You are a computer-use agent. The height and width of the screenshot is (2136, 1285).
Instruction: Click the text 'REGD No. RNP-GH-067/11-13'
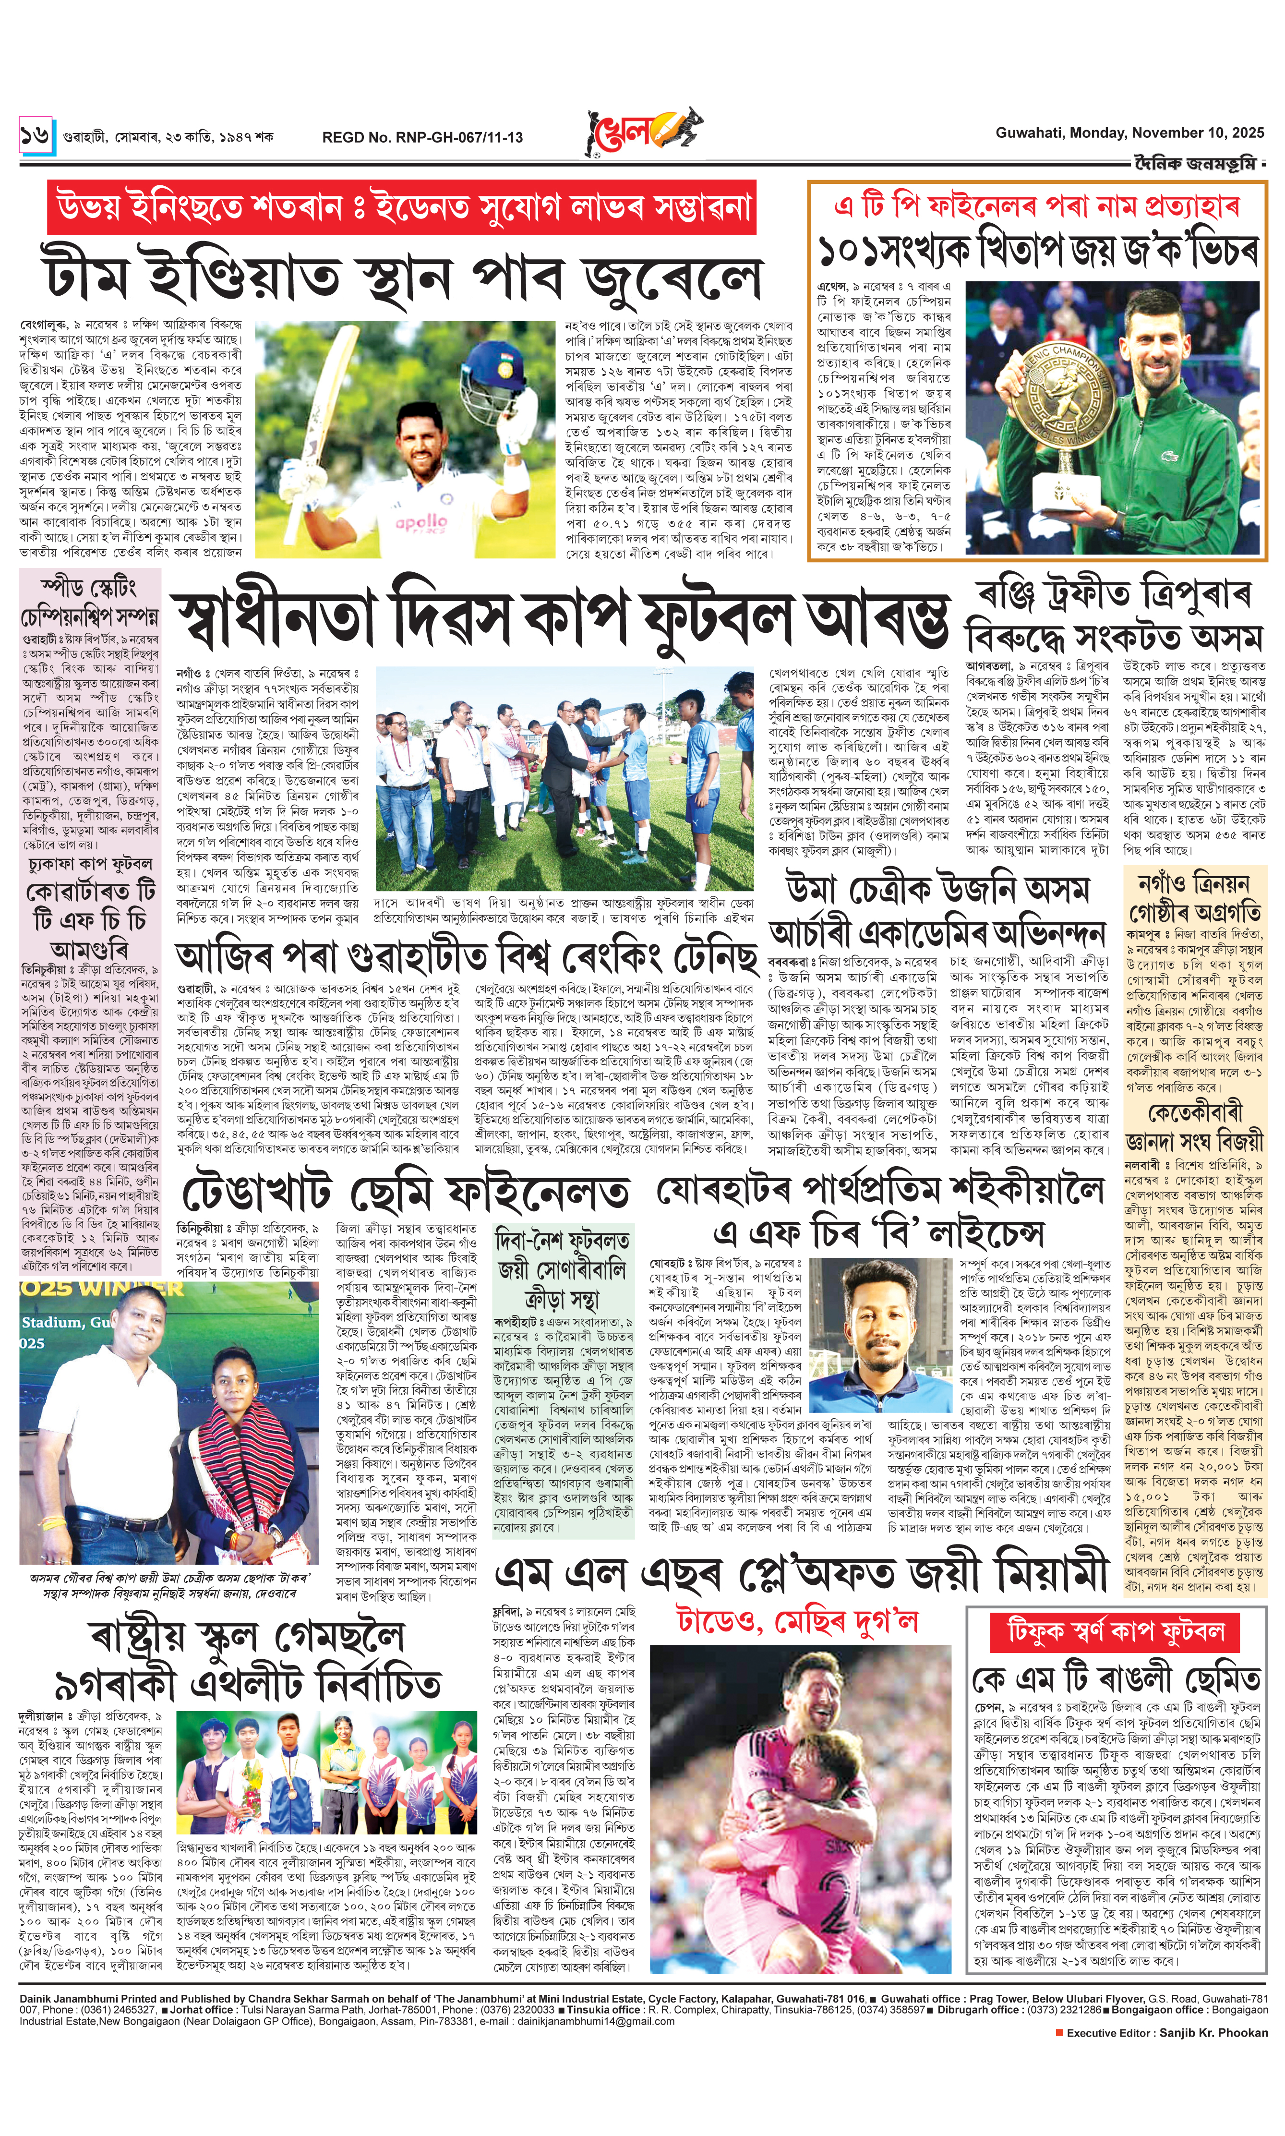(422, 137)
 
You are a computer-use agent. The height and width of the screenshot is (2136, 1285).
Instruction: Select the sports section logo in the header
(642, 131)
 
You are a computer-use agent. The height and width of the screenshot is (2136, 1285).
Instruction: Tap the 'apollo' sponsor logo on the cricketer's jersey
(422, 522)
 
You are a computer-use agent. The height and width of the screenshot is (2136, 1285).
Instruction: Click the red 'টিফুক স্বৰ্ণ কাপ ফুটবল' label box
(1115, 1632)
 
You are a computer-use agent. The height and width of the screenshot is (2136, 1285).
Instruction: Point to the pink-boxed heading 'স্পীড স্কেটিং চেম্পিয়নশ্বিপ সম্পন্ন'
(90, 602)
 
